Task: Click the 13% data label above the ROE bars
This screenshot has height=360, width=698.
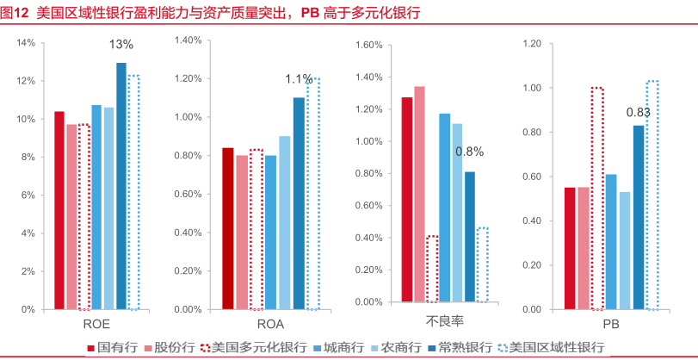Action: pyautogui.click(x=120, y=45)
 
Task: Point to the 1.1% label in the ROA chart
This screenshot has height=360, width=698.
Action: pyautogui.click(x=299, y=79)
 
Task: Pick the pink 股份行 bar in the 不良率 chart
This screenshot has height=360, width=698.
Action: pyautogui.click(x=419, y=194)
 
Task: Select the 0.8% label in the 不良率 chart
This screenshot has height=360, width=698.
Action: pyautogui.click(x=469, y=152)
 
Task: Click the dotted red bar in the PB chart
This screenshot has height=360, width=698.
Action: pyautogui.click(x=597, y=198)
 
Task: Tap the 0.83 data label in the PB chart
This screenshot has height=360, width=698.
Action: pyautogui.click(x=638, y=112)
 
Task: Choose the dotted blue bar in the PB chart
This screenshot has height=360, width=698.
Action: pyautogui.click(x=652, y=195)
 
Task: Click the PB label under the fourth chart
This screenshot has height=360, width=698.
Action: pyautogui.click(x=610, y=326)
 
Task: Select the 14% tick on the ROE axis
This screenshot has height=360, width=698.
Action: pyautogui.click(x=26, y=42)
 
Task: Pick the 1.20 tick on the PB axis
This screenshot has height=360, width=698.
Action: pyautogui.click(x=530, y=43)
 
